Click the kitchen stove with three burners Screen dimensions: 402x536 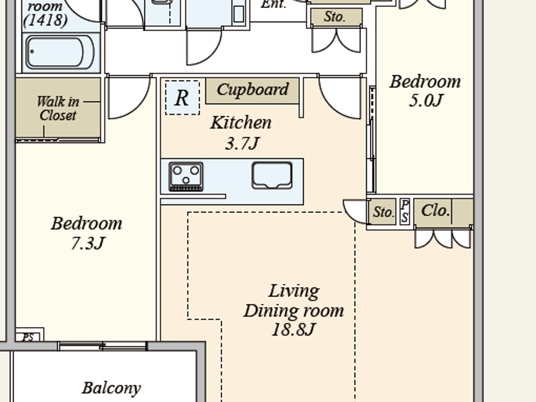click(186, 176)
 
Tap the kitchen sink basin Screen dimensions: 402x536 click(272, 175)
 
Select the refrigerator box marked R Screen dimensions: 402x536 click(182, 98)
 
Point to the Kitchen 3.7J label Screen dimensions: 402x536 click(241, 133)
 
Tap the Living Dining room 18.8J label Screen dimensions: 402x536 click(294, 310)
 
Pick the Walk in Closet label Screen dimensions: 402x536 click(58, 108)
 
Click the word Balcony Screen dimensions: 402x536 click(111, 388)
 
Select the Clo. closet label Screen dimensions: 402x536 click(435, 211)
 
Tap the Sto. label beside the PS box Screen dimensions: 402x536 click(383, 212)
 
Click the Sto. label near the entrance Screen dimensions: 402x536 click(335, 16)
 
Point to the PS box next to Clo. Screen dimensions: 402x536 click(405, 211)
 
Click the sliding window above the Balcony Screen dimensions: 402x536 click(102, 346)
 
